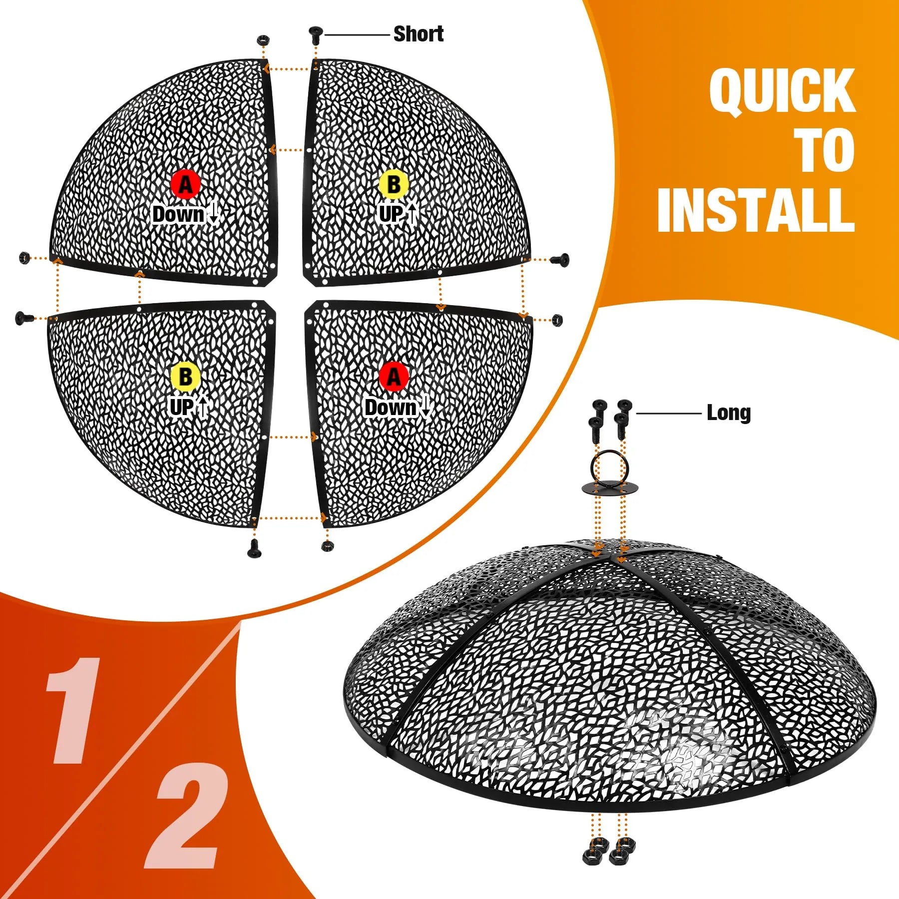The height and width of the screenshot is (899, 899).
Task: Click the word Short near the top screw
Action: pos(419,34)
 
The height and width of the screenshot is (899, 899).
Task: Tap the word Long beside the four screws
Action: pos(729,413)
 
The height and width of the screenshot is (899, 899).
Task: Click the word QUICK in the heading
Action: pos(782,91)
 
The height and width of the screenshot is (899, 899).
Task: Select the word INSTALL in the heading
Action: pos(756,210)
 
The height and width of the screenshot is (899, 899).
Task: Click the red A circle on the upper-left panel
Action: pos(185,184)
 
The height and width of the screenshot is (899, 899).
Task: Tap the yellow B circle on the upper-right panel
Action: pos(394,184)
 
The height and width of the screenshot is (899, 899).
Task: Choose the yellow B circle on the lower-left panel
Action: pos(185,377)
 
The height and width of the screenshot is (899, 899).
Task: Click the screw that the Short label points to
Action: pos(315,34)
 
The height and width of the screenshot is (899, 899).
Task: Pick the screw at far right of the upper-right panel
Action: pos(559,259)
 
